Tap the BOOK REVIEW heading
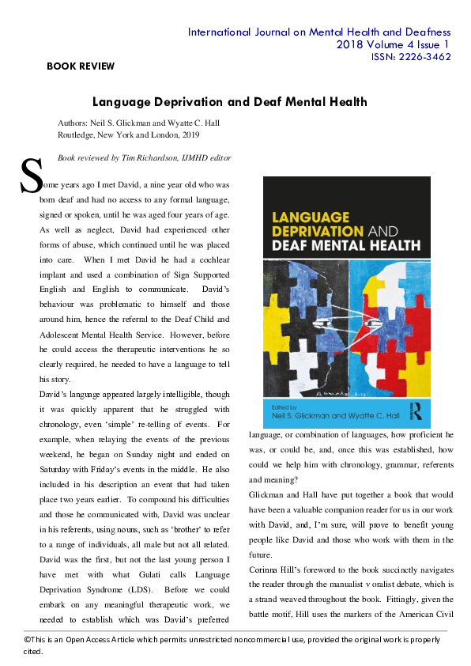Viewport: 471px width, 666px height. click(81, 66)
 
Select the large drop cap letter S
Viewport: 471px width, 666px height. click(31, 177)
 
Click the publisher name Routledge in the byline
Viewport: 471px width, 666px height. click(78, 135)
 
